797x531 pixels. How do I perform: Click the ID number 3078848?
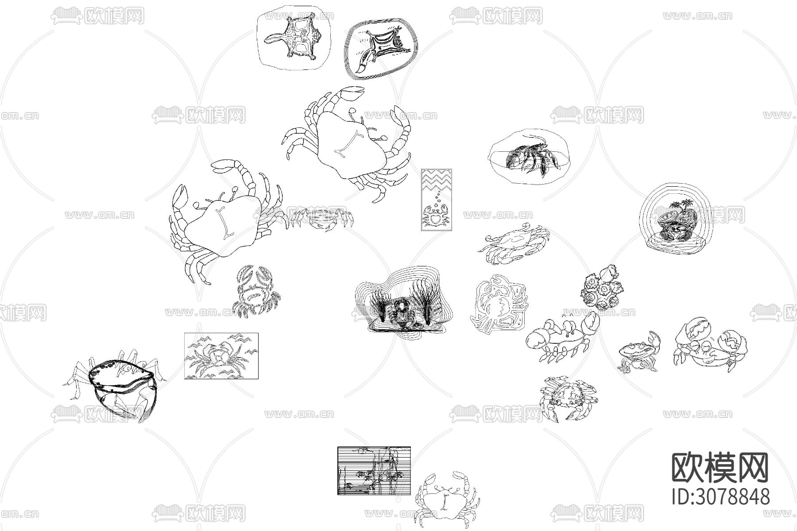tap(721, 496)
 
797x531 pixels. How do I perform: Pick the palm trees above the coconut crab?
tap(678, 207)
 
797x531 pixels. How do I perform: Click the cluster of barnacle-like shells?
tap(603, 288)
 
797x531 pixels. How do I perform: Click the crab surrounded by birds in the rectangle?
tap(219, 356)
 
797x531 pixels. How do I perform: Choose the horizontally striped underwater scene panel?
tap(374, 470)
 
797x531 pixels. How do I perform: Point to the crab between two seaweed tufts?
tap(401, 313)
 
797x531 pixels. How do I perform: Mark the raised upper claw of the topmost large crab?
tap(352, 93)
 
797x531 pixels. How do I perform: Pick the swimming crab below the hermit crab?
tap(514, 244)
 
